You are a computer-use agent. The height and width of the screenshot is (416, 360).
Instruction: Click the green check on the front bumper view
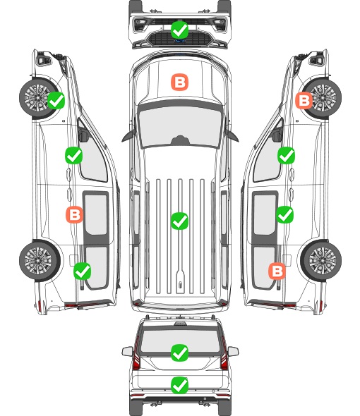(x=179, y=30)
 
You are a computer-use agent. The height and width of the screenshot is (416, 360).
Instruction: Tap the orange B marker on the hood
(x=179, y=82)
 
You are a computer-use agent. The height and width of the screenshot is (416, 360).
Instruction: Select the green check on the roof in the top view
(x=179, y=221)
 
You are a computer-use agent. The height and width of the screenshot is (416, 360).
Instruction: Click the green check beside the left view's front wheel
(x=56, y=100)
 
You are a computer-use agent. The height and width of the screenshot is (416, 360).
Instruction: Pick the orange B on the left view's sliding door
(x=74, y=214)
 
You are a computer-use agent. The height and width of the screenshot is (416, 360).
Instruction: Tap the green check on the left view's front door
(x=73, y=155)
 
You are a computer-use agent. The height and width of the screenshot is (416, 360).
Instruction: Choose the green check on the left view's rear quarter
(x=82, y=271)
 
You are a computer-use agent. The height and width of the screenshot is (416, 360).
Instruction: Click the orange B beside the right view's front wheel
(x=304, y=100)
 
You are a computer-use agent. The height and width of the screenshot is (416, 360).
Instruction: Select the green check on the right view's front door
(x=286, y=155)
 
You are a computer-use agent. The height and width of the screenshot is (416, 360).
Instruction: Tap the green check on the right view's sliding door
(x=284, y=214)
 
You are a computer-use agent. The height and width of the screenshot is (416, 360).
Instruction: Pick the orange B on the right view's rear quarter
(x=277, y=271)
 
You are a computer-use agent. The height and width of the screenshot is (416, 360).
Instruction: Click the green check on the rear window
(x=179, y=353)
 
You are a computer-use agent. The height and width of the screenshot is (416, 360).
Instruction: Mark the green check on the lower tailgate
(x=179, y=385)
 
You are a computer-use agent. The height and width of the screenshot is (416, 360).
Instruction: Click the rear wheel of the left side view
(x=40, y=260)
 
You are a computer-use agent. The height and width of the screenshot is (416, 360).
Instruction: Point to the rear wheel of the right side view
(x=321, y=260)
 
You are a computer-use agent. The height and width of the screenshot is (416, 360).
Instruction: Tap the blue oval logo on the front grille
(x=180, y=41)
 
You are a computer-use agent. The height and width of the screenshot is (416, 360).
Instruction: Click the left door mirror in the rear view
(x=127, y=352)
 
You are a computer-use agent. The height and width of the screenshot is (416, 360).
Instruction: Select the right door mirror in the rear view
(x=233, y=352)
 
